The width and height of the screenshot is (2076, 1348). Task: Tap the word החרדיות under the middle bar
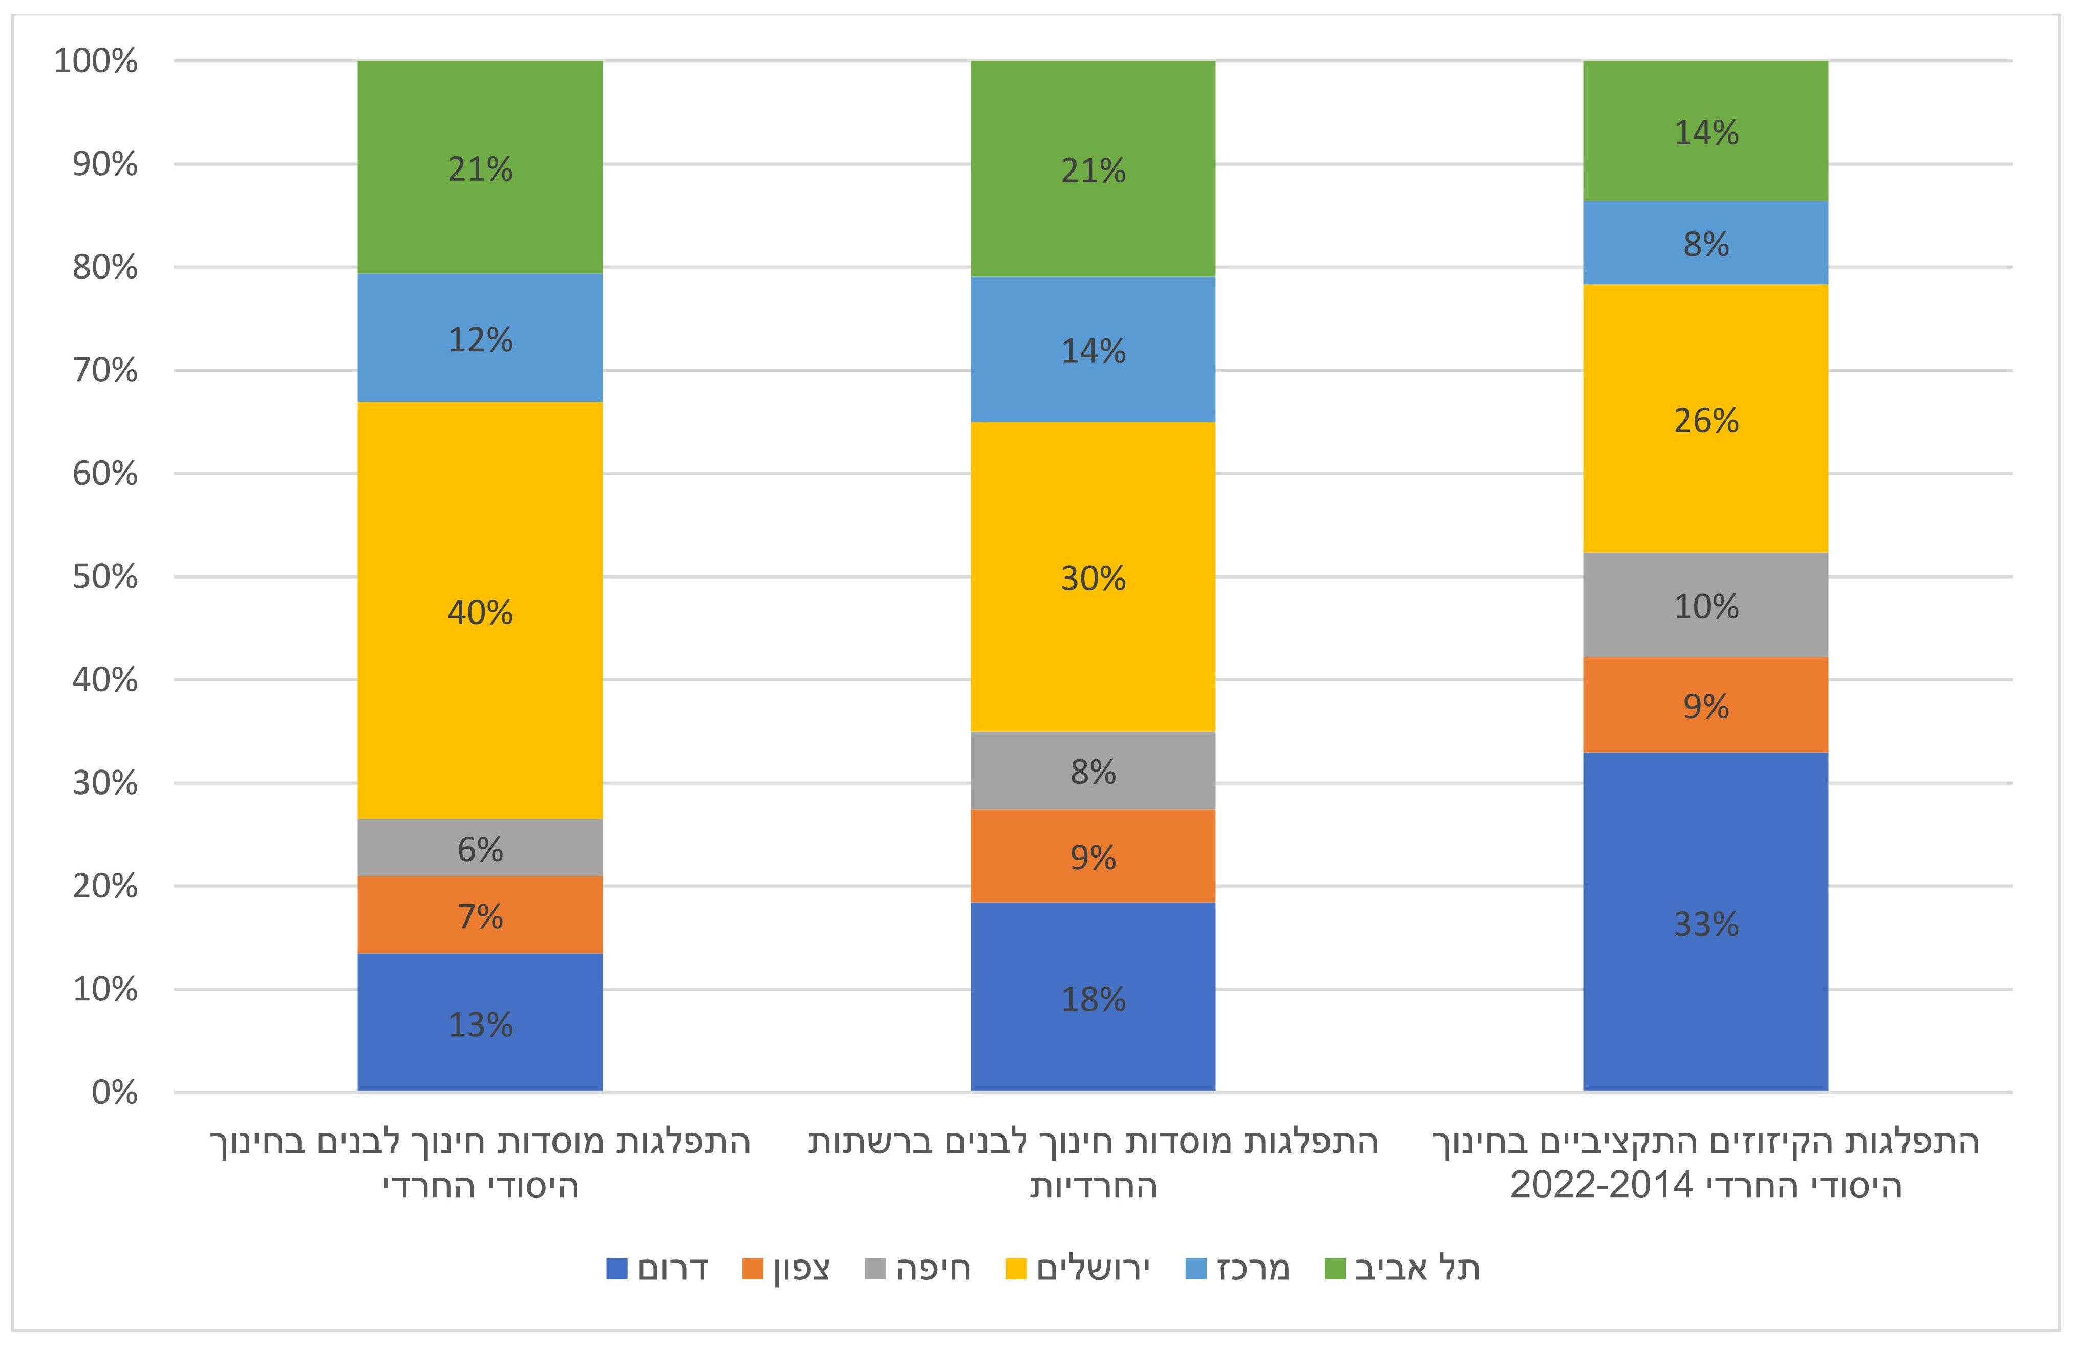(1093, 1187)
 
